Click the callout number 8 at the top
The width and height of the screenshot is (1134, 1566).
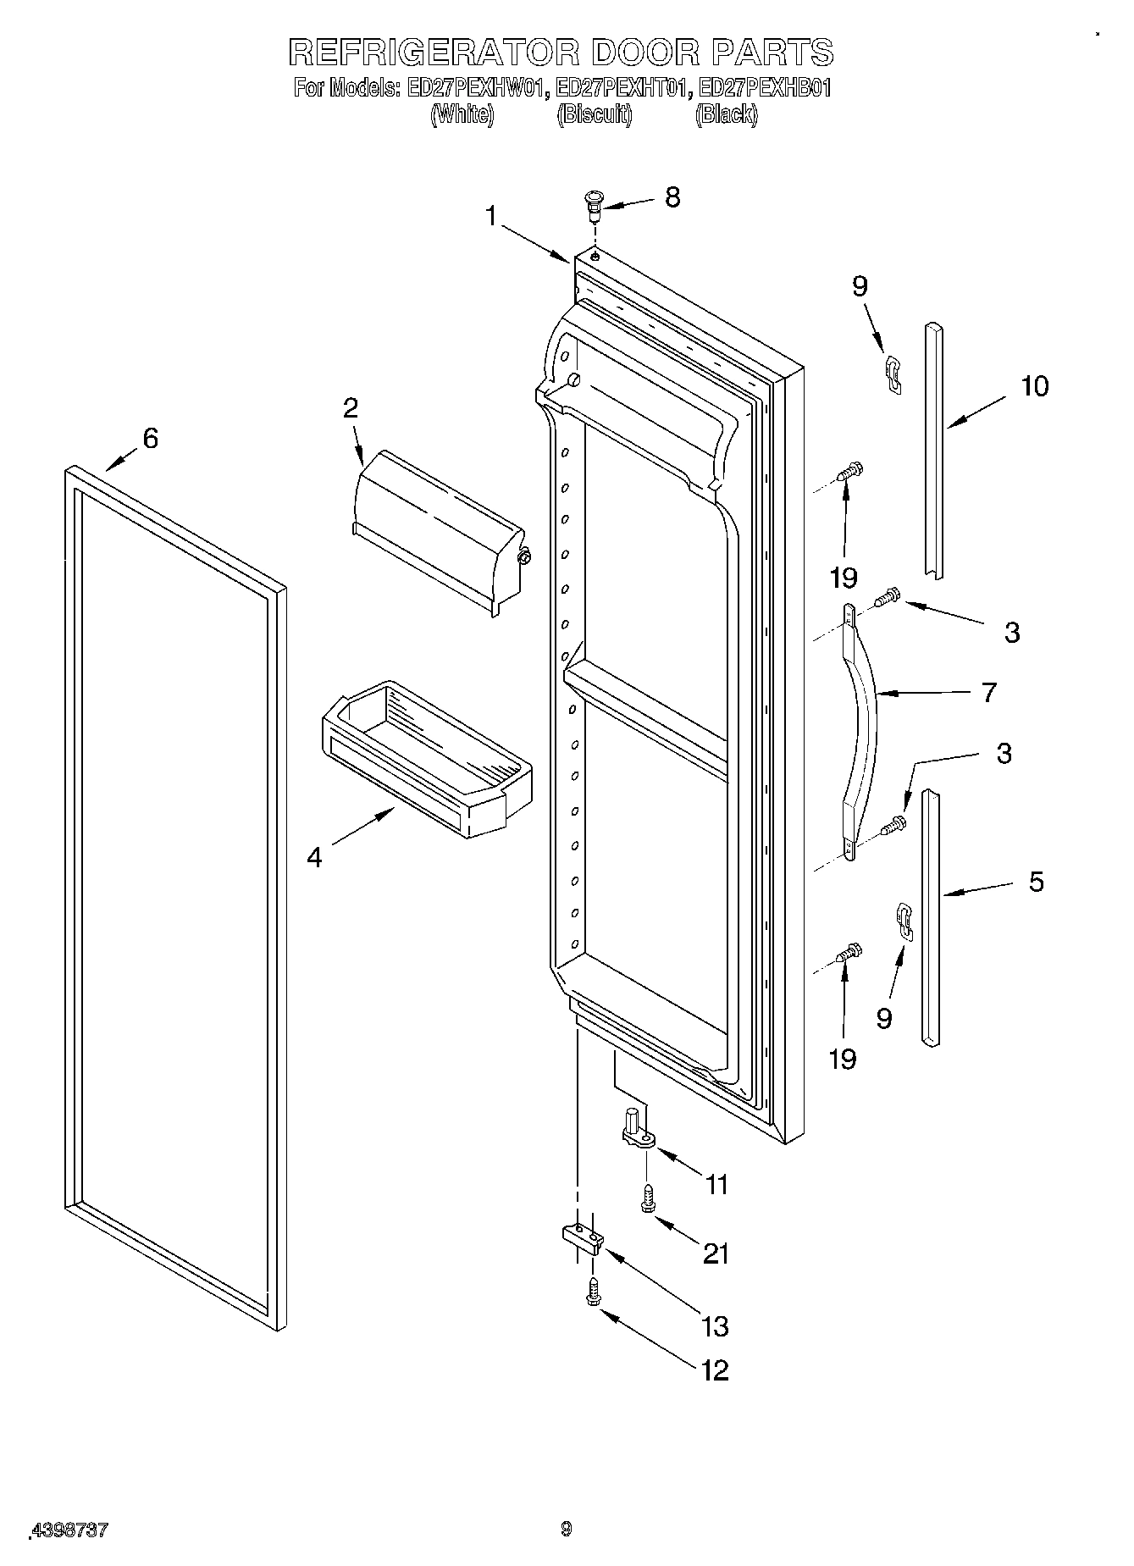672,197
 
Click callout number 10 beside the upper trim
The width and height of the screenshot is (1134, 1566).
1034,386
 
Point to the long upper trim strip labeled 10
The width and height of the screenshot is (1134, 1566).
934,449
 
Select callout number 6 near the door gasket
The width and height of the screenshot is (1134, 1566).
150,439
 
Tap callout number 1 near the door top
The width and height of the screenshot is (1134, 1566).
491,217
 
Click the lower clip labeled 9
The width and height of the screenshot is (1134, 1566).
905,921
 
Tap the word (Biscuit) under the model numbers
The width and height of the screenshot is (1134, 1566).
595,115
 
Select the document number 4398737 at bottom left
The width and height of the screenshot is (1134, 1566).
69,1529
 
